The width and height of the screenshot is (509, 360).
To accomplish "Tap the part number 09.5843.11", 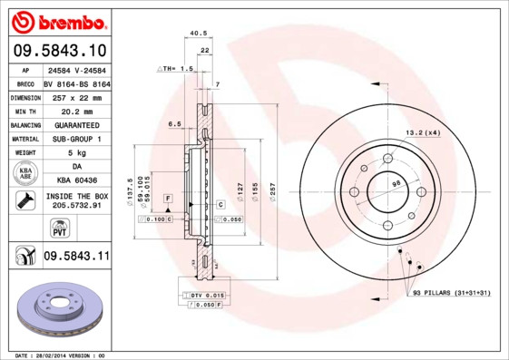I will (75, 258).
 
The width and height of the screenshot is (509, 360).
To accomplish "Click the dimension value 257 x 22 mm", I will (75, 96).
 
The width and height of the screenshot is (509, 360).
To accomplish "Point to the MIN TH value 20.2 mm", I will (75, 110).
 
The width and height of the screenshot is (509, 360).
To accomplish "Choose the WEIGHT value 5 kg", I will (75, 152).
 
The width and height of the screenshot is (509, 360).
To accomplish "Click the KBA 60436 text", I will (75, 180).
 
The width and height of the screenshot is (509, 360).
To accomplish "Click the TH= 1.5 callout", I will (176, 69).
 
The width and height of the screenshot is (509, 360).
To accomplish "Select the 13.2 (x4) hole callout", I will (422, 133).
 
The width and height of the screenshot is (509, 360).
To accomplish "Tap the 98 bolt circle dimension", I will (396, 184).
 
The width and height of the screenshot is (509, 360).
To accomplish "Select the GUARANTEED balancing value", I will (75, 124).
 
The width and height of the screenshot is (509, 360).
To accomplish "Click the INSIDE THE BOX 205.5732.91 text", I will (75, 200).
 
